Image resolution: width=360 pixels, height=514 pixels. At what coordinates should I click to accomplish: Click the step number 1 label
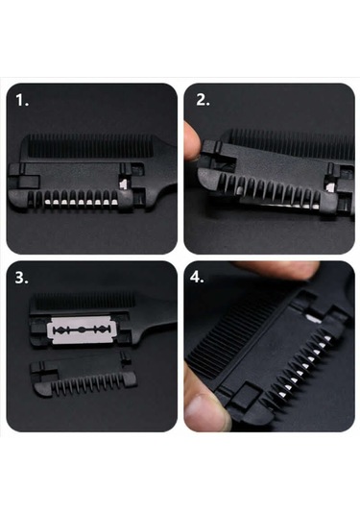(22, 100)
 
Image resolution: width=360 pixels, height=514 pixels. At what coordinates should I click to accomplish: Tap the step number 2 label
(203, 100)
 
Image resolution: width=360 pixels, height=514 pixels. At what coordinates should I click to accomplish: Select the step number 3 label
(22, 278)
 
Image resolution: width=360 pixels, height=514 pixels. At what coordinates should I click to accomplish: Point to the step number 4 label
(197, 278)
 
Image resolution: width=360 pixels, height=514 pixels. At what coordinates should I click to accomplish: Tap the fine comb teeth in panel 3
(84, 302)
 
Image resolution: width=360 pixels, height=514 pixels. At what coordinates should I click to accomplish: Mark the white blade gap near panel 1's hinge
(124, 184)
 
